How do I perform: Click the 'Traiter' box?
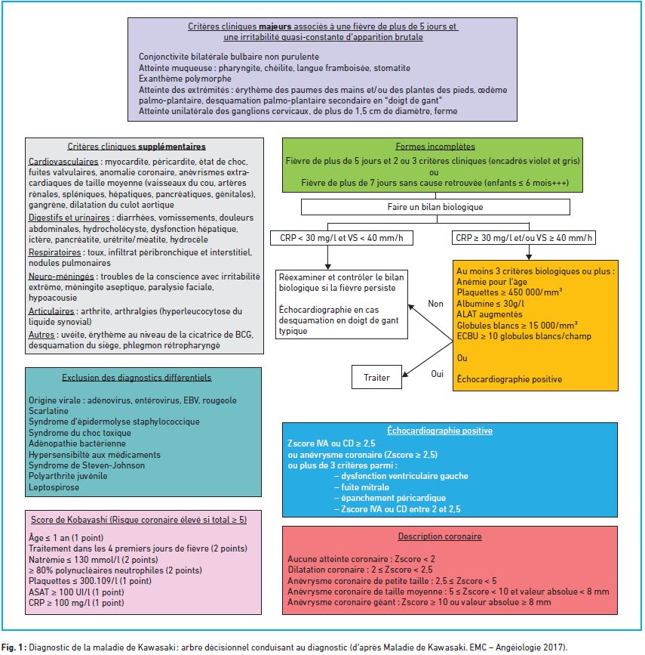click(x=376, y=377)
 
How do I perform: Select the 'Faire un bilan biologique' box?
click(x=435, y=207)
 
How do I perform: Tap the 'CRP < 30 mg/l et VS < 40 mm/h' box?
click(x=341, y=238)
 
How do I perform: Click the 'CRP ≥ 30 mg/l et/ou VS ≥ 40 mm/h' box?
click(x=524, y=238)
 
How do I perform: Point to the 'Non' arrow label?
click(x=435, y=304)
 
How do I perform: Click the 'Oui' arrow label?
click(x=438, y=374)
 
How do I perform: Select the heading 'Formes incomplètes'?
click(x=435, y=147)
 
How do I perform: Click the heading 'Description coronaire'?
click(x=440, y=536)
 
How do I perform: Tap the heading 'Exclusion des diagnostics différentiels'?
click(x=137, y=378)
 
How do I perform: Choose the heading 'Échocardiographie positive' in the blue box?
click(x=440, y=431)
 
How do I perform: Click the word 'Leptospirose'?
click(x=54, y=487)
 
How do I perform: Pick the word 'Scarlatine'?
click(x=48, y=411)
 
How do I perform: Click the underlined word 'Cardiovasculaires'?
click(x=63, y=162)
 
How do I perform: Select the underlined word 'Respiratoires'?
click(x=54, y=252)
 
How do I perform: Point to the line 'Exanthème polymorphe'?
click(x=185, y=79)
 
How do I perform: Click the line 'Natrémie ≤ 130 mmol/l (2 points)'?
click(x=94, y=560)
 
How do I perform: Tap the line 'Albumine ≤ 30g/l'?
click(x=490, y=304)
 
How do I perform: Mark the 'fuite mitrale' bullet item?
click(x=361, y=487)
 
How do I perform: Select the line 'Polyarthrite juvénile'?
click(x=68, y=476)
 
